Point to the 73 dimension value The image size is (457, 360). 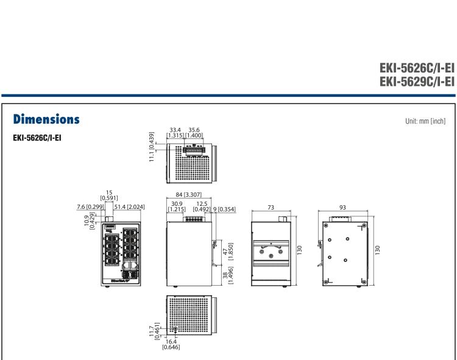point(271,207)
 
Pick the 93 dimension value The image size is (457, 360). point(342,207)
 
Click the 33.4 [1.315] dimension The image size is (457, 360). point(177,132)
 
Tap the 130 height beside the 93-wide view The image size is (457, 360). point(380,250)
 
